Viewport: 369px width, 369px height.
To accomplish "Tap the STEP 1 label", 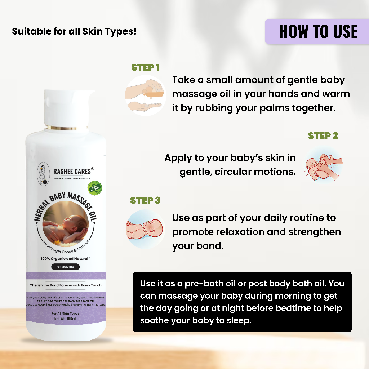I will point(145,67).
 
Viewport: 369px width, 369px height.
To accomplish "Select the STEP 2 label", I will point(323,136).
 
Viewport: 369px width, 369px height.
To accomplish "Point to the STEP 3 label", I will point(145,200).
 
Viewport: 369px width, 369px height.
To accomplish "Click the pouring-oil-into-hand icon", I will point(145,95).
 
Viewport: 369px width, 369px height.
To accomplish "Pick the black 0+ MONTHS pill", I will point(65,267).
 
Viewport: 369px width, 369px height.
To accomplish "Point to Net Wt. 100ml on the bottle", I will point(65,319).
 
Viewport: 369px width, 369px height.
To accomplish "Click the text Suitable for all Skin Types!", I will point(74,31).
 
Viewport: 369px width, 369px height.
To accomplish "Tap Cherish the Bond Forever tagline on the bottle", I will point(65,285).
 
